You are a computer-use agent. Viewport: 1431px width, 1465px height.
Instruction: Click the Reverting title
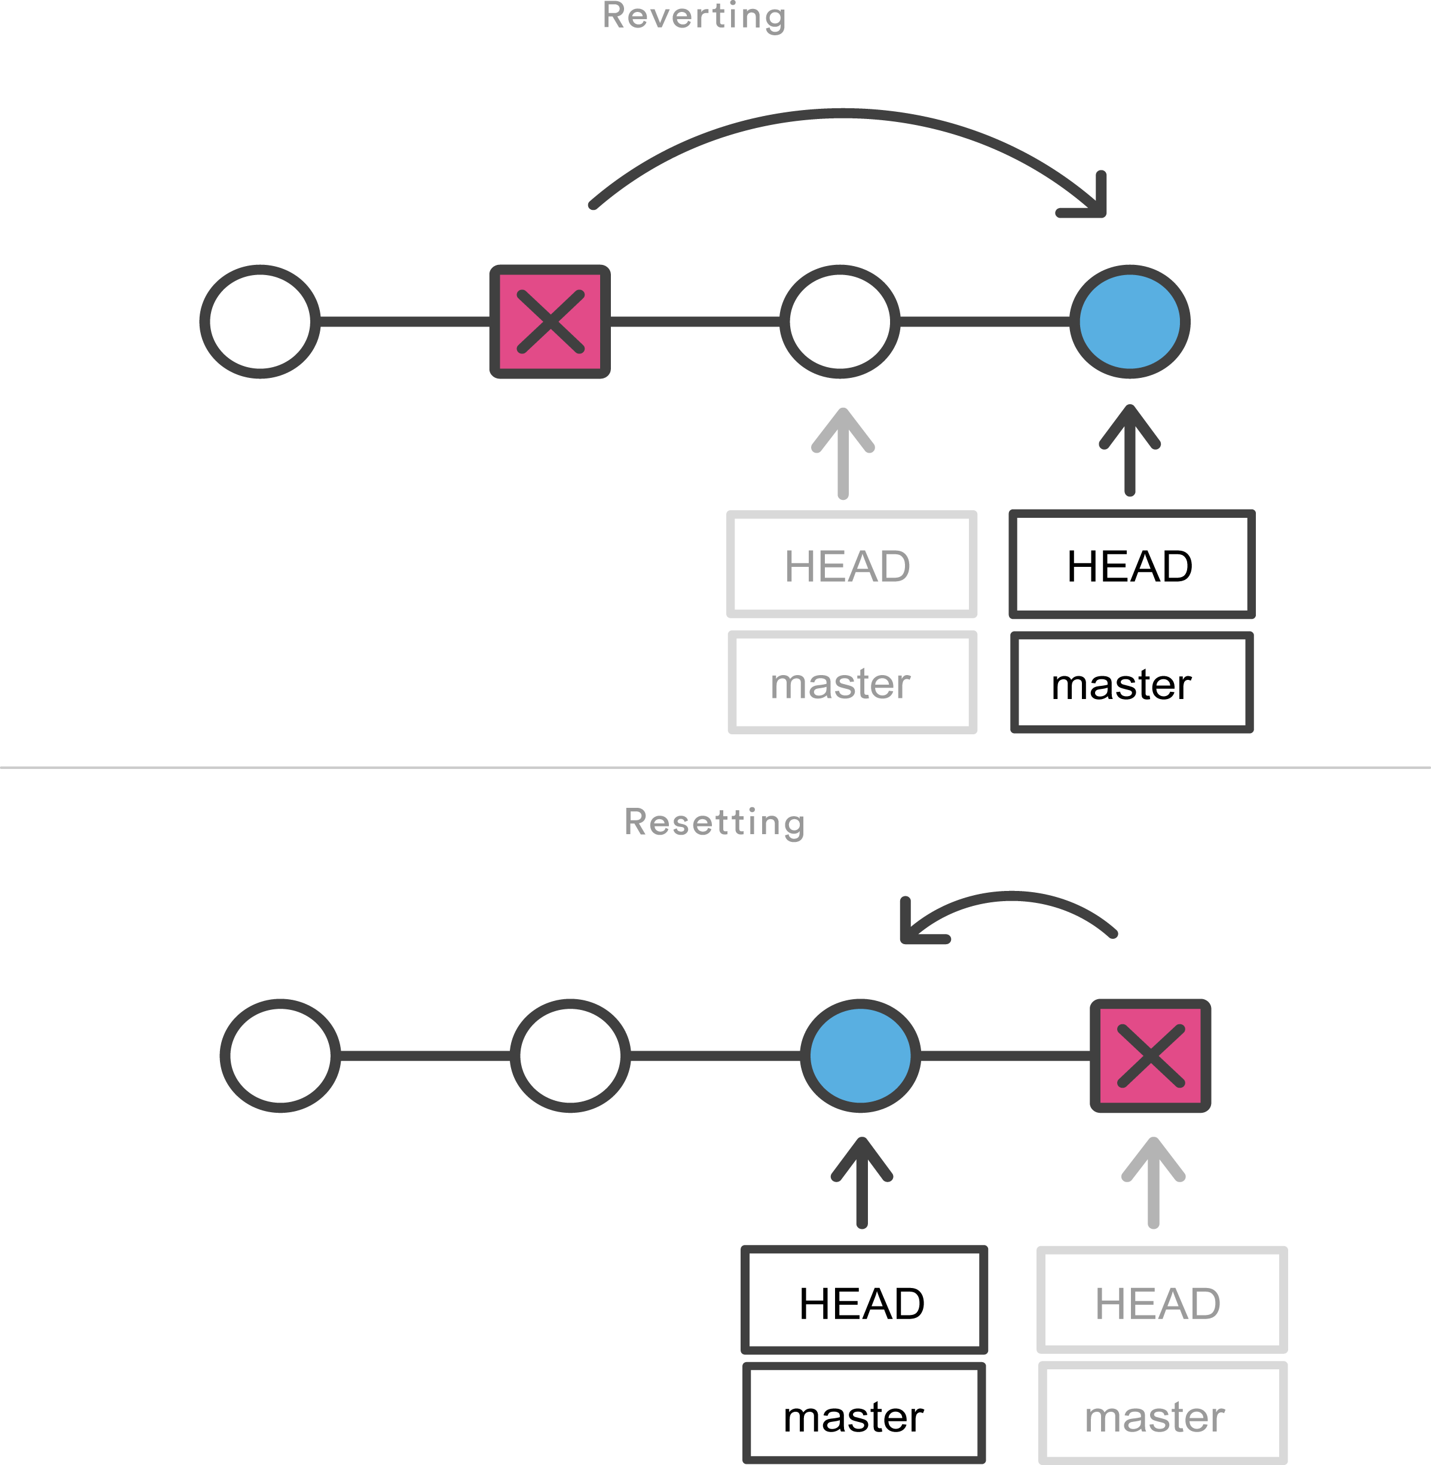pos(694,17)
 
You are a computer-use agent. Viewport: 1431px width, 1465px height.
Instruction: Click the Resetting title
pos(714,822)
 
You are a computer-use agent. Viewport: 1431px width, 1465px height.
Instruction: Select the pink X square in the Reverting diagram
pos(550,322)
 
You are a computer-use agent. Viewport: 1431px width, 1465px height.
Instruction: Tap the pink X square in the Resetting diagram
pos(1151,1056)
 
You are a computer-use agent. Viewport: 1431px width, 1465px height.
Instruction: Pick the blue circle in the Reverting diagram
pos(1130,322)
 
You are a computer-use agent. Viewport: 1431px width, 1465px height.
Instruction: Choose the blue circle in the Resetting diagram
pos(861,1056)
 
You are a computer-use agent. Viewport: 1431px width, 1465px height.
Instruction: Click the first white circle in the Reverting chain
pos(260,322)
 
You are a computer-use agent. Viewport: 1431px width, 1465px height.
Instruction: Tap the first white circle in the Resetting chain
pos(280,1056)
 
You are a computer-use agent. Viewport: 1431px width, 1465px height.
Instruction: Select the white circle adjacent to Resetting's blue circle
pos(570,1056)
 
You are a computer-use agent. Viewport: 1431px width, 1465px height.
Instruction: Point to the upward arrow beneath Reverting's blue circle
pos(1130,451)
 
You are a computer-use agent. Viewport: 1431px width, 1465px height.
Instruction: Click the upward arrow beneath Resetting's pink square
pos(1154,1184)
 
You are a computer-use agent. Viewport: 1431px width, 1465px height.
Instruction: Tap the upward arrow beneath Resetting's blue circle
pos(862,1184)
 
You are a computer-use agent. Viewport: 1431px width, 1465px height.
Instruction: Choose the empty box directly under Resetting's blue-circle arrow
pos(864,1299)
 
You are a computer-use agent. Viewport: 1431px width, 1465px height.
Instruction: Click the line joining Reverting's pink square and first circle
pos(404,322)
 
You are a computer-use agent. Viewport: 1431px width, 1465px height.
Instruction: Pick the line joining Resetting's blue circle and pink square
pos(1005,1056)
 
